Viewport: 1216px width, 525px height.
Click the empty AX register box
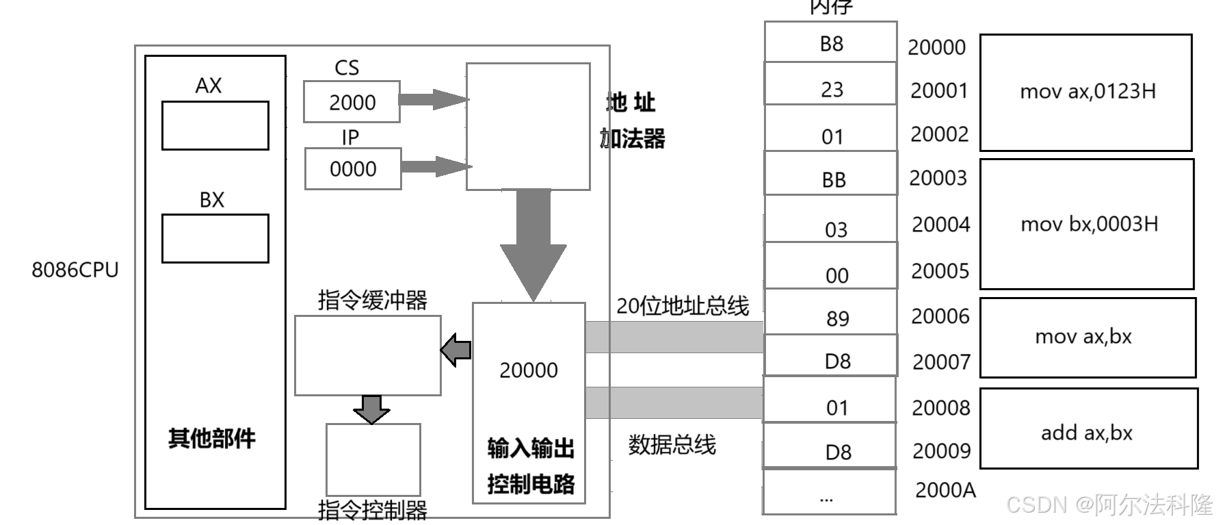point(215,125)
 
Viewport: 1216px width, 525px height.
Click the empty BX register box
point(215,238)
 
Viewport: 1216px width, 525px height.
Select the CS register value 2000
point(352,103)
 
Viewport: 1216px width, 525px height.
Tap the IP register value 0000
point(353,169)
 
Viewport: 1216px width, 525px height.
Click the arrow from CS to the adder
point(433,99)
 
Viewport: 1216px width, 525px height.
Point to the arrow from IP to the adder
point(435,166)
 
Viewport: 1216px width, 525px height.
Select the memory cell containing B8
point(831,42)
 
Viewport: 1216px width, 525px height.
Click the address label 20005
point(940,271)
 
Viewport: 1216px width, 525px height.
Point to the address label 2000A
point(945,490)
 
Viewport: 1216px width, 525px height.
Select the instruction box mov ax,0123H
point(1086,92)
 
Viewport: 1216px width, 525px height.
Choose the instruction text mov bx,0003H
point(1089,224)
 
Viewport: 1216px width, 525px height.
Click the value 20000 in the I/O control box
point(528,370)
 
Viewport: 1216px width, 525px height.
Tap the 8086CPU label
point(75,270)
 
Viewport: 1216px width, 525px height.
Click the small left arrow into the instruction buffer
point(455,350)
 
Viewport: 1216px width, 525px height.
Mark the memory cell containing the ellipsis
point(828,492)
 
